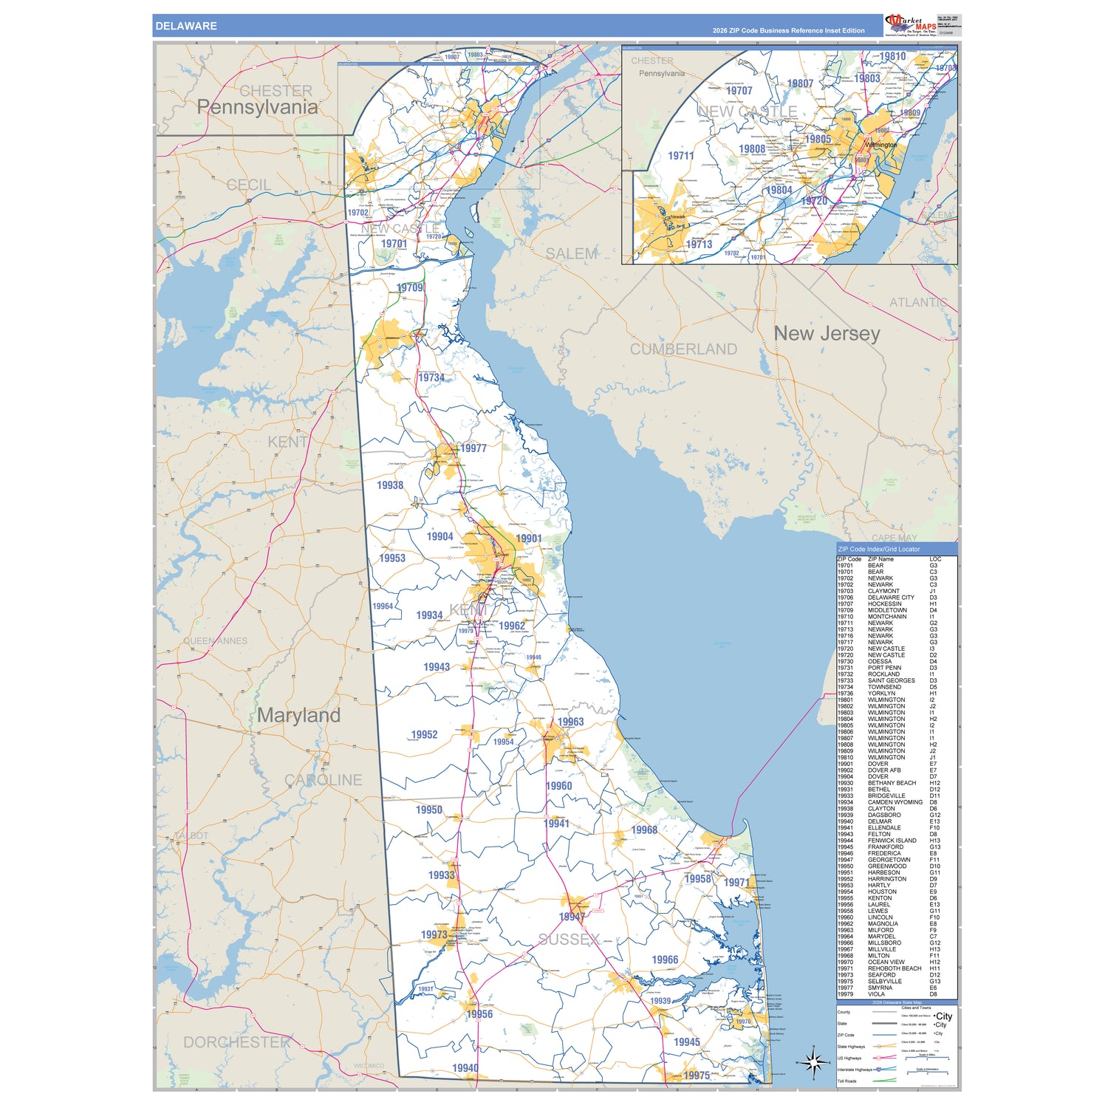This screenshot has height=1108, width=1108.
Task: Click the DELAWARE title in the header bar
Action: pos(185,26)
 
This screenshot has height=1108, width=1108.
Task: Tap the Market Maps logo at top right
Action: pos(910,24)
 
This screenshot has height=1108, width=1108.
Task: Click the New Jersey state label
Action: pos(827,334)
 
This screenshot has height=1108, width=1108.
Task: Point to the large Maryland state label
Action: pos(298,715)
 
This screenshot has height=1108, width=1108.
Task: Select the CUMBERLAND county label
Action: pos(683,349)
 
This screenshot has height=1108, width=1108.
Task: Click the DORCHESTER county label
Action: pos(236,1042)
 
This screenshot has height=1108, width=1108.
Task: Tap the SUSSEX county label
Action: pos(569,940)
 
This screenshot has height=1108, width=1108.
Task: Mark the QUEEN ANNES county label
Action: pos(216,640)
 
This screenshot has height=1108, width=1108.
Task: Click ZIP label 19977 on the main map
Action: pos(473,448)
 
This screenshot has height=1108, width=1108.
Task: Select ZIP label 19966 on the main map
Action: pos(665,960)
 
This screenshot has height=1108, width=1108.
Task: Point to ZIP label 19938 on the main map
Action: pos(390,485)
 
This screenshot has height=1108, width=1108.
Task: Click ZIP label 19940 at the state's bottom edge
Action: pos(465,1067)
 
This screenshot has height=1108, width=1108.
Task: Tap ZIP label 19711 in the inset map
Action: pos(680,156)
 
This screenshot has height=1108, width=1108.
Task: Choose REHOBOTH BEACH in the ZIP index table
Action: pos(895,968)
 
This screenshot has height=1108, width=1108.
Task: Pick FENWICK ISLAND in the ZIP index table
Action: pos(892,841)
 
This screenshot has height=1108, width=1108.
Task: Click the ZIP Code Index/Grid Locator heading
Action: pos(879,549)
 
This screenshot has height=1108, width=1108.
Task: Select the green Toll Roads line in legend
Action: pos(885,1081)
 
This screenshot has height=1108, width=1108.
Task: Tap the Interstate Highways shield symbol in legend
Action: pos(878,1069)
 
